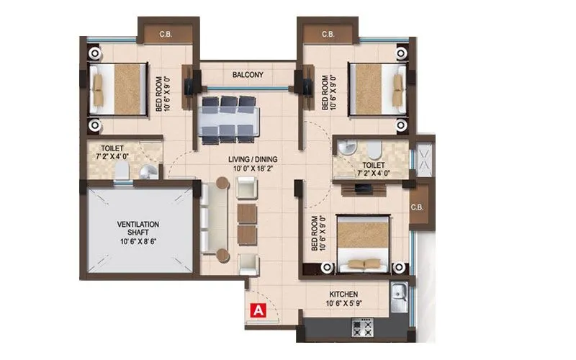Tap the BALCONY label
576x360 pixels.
coord(247,75)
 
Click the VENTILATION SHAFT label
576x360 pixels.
coord(139,225)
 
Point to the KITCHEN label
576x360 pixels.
coord(344,295)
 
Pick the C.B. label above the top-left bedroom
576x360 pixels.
coord(165,34)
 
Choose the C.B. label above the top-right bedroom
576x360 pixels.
coord(328,34)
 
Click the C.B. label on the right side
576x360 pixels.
coord(416,207)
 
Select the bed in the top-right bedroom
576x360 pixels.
coord(374,89)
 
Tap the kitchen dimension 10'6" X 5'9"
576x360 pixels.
coord(344,304)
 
